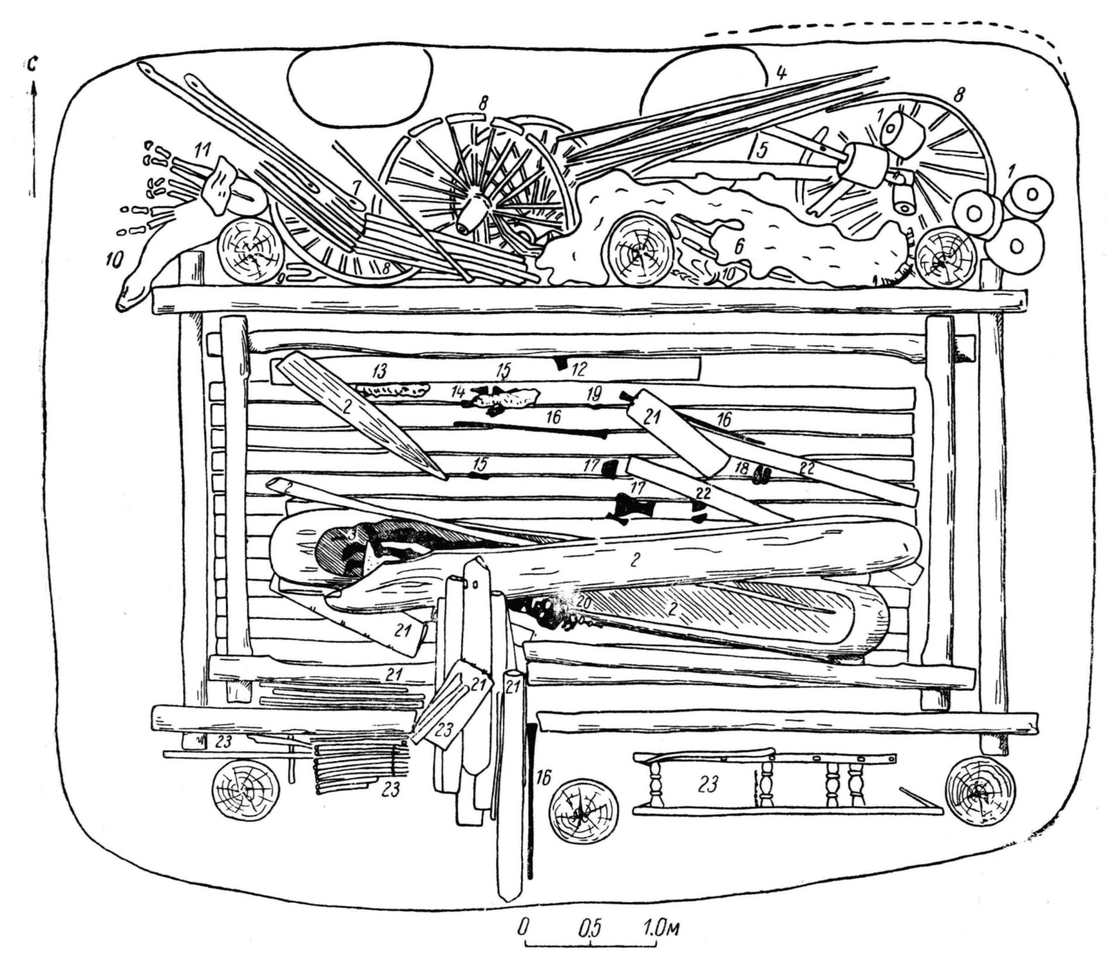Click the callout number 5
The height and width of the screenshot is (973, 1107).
tap(761, 150)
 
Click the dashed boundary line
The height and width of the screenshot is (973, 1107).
tap(878, 26)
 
